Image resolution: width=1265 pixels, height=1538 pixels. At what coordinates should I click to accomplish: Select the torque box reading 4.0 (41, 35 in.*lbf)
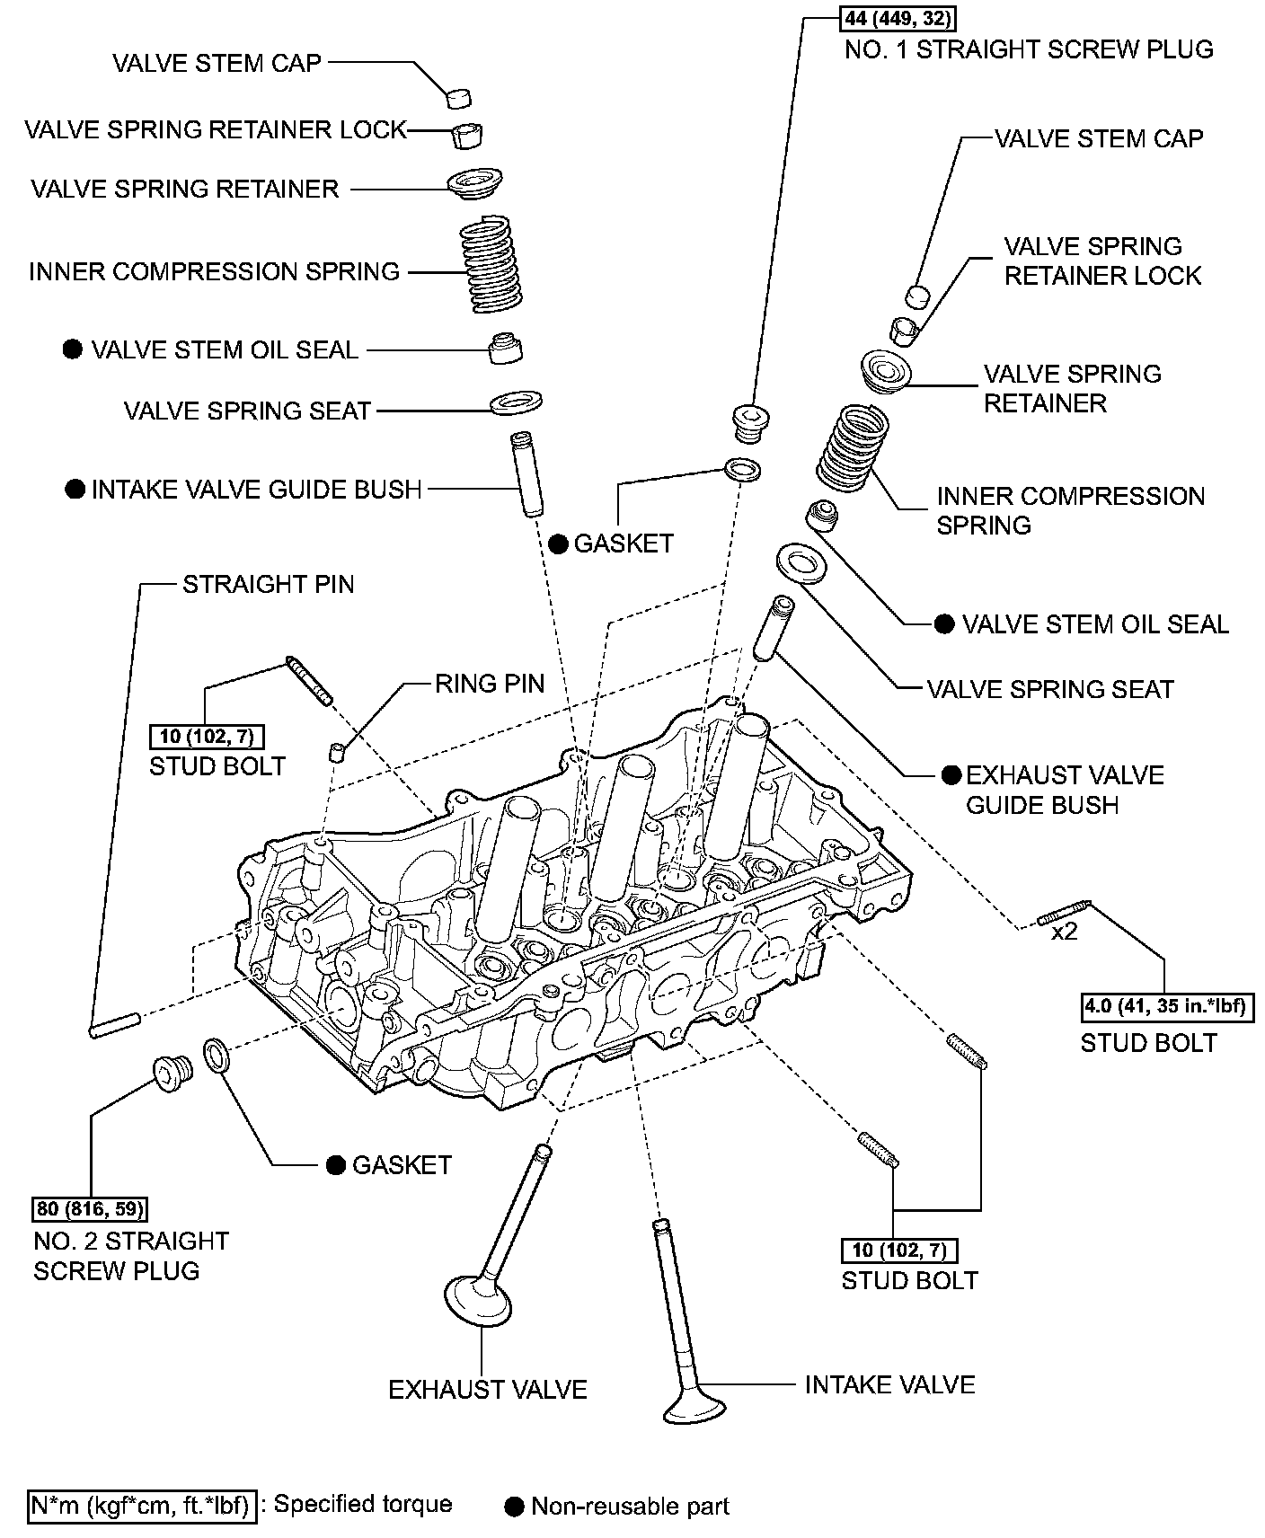(x=1165, y=1005)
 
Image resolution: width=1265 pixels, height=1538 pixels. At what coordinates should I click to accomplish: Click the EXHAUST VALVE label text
(x=487, y=1390)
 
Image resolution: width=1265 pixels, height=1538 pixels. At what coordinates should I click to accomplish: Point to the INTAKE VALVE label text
(x=889, y=1384)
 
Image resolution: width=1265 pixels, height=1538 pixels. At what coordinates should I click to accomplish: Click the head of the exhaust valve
(x=478, y=1300)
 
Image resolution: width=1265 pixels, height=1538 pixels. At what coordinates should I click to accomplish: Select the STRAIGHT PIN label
(x=268, y=584)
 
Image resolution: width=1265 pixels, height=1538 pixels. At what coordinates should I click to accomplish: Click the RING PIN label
(x=490, y=684)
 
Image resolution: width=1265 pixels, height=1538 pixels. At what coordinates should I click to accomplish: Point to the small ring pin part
(x=337, y=752)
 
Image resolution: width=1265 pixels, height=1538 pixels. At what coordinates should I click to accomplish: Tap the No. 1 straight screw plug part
(x=747, y=421)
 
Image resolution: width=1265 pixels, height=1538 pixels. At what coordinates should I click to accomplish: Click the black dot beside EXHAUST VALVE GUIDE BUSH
(x=951, y=775)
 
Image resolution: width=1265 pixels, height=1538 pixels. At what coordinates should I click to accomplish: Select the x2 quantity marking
(x=1064, y=933)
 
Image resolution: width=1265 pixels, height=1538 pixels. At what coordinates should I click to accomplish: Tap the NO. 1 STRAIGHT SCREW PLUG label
(x=1029, y=49)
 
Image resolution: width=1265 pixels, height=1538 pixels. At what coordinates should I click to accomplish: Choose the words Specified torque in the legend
(x=362, y=1504)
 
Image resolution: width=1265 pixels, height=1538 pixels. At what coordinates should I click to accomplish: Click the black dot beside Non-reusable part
(x=516, y=1507)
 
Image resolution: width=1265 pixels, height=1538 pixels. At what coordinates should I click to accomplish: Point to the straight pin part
(x=114, y=1025)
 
